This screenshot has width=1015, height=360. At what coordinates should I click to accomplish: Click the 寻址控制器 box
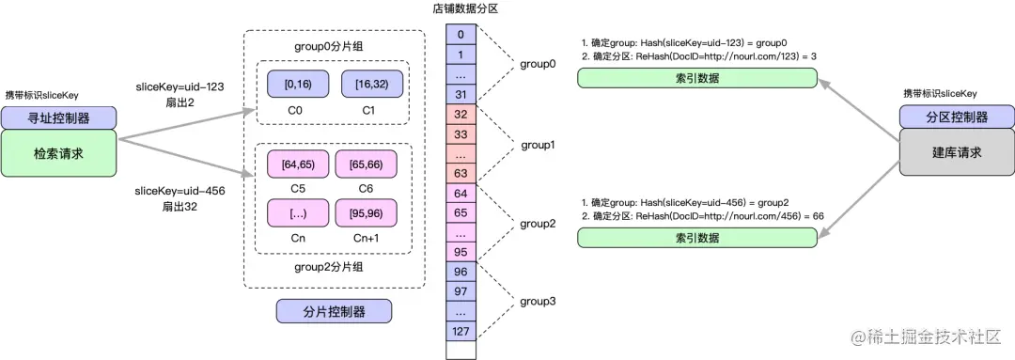tap(58, 118)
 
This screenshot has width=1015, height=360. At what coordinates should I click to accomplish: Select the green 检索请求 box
tap(58, 152)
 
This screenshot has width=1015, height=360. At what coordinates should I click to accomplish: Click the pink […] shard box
tap(298, 212)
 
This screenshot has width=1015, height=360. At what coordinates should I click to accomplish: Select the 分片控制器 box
tap(334, 311)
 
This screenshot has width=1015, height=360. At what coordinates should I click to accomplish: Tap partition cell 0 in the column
tap(460, 35)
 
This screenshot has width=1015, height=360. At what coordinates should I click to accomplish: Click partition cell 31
tap(460, 94)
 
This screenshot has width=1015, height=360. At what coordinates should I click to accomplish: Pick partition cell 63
tap(460, 173)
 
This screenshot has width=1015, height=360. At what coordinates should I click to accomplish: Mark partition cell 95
tap(460, 251)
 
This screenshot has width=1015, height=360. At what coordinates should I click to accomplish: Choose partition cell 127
tap(460, 330)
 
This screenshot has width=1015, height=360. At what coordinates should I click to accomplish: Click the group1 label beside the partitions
tap(539, 145)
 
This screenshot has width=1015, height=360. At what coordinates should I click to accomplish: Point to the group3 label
tap(539, 302)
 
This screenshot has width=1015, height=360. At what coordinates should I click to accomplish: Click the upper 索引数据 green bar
tap(696, 78)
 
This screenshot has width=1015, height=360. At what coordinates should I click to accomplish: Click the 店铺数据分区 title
tap(460, 8)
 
